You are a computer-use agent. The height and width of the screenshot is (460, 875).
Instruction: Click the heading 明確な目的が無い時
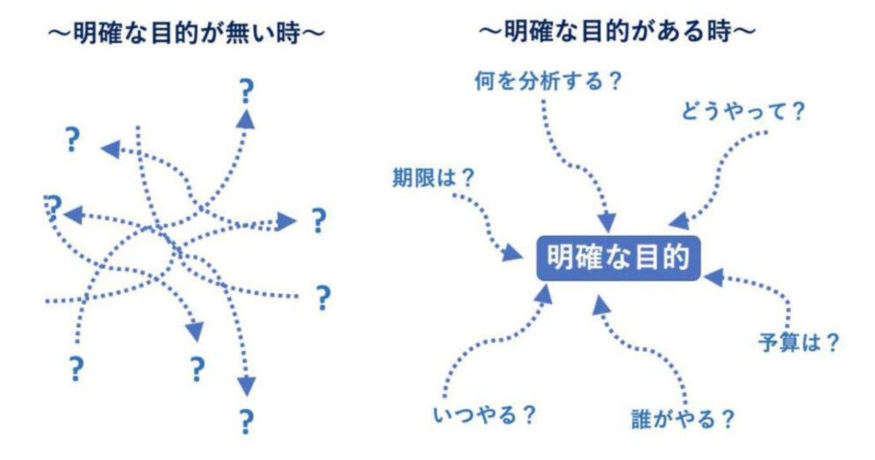(187, 32)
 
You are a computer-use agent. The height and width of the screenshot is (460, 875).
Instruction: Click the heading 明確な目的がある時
(618, 31)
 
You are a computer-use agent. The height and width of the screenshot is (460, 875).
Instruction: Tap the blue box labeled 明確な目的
(618, 258)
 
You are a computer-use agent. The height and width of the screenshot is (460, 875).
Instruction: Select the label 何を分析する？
(548, 81)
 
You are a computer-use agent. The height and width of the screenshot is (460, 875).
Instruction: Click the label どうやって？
(743, 111)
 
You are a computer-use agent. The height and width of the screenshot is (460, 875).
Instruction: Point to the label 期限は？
(433, 177)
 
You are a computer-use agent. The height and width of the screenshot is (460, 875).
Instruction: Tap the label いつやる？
(484, 415)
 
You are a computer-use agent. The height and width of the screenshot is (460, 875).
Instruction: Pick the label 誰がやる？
(682, 419)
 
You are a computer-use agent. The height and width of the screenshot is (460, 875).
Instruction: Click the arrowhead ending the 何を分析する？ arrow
(607, 223)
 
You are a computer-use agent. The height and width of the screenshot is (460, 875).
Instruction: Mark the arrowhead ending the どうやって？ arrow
(680, 221)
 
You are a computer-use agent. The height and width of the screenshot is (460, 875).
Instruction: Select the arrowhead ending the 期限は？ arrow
(512, 253)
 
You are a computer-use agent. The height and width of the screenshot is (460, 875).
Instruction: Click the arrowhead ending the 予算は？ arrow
(715, 277)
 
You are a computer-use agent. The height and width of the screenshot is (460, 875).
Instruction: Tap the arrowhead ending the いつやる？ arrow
(544, 294)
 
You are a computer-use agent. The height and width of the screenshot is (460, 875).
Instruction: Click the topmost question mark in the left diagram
(246, 91)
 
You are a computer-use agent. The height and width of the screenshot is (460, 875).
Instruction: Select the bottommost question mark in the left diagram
(246, 422)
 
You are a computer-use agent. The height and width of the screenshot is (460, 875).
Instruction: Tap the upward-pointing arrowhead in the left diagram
(246, 120)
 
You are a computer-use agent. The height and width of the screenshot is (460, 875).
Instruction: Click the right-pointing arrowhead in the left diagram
(286, 221)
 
